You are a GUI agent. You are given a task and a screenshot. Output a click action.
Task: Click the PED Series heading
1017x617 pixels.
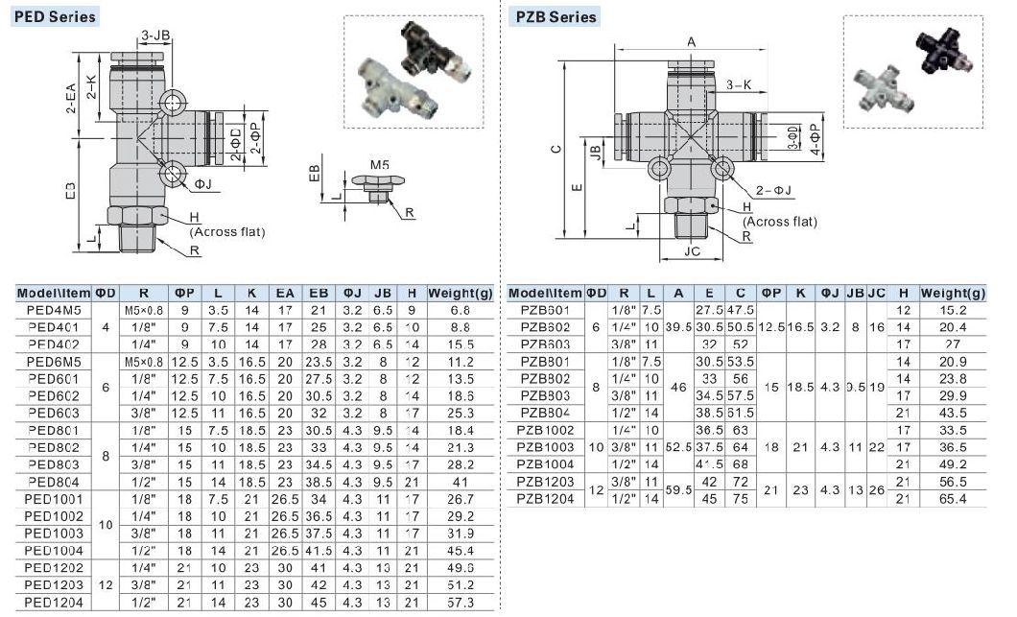(x=55, y=16)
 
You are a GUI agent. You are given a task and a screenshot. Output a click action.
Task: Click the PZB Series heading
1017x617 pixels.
(x=556, y=16)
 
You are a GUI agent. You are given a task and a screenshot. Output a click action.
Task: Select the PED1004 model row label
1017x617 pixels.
(x=55, y=550)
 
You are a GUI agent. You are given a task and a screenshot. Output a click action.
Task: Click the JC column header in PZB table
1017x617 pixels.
(x=876, y=293)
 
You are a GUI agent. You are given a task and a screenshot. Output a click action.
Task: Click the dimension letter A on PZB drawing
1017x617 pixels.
(x=691, y=41)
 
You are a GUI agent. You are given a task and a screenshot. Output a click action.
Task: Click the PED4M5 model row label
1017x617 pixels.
(x=55, y=310)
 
